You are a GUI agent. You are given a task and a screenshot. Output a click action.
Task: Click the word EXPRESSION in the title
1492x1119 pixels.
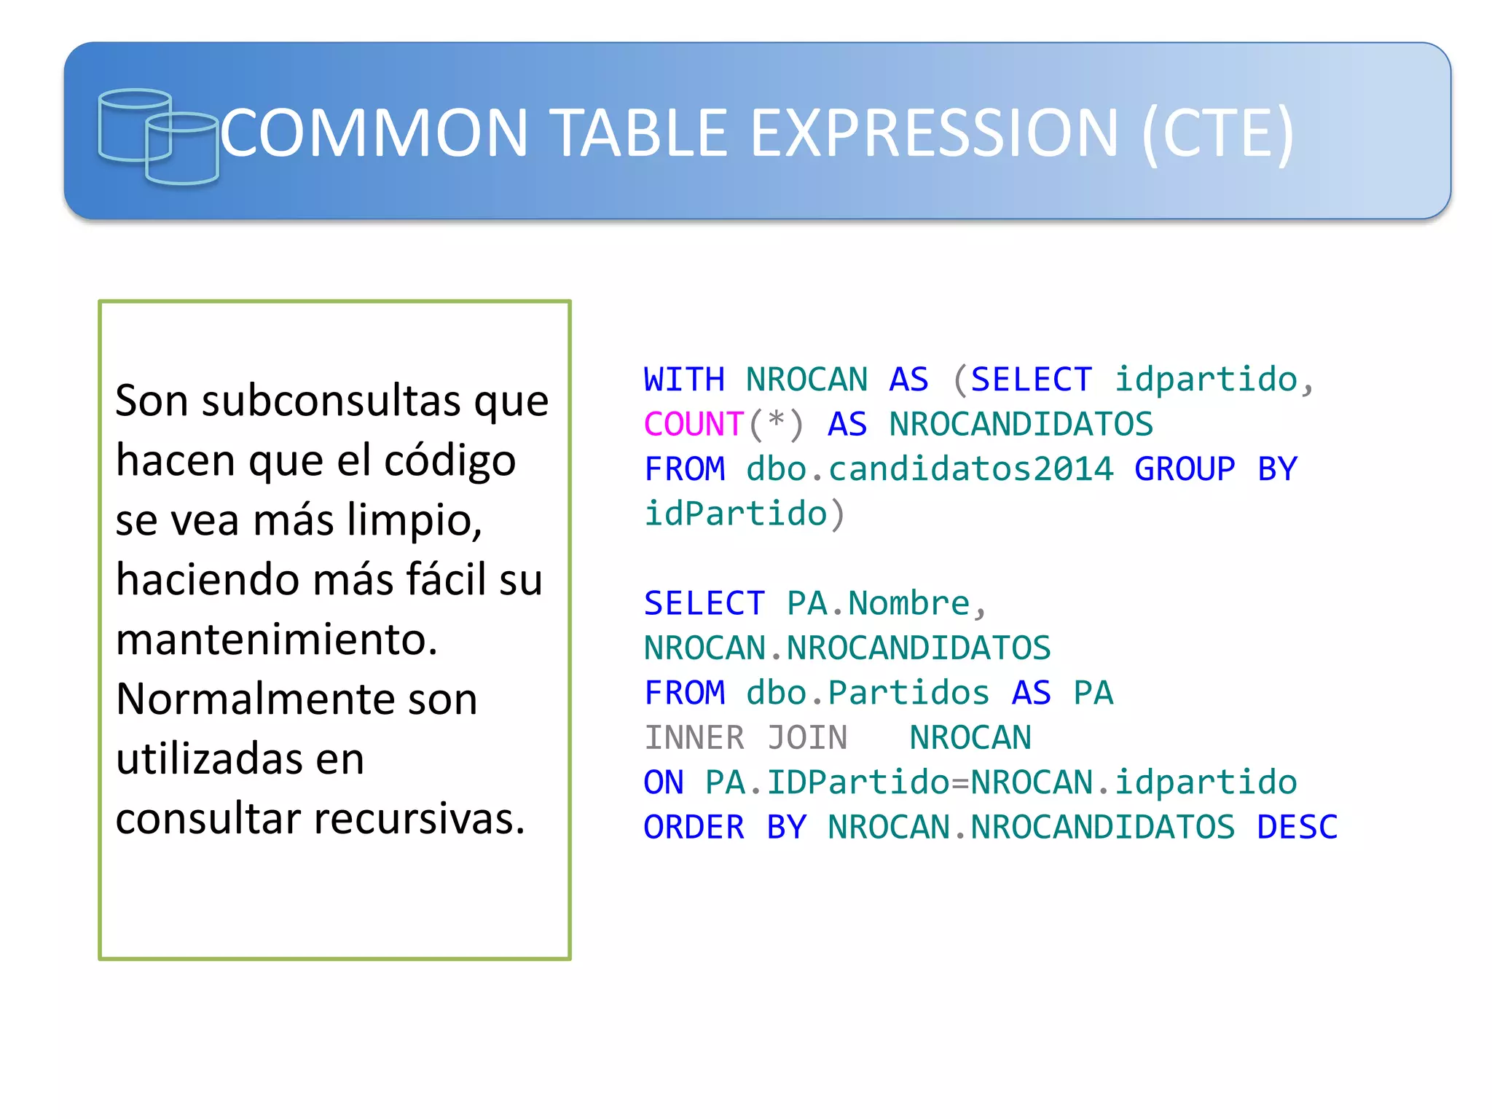click(933, 133)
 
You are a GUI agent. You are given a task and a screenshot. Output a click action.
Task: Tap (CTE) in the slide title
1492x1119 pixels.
click(1218, 133)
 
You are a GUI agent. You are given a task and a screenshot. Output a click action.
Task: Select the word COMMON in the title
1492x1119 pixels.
click(374, 133)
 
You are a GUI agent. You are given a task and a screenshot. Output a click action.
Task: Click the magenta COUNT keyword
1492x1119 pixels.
click(693, 425)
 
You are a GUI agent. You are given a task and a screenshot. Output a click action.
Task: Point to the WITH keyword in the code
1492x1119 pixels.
click(684, 380)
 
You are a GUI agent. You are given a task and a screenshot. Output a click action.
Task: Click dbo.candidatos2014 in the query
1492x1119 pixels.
click(930, 469)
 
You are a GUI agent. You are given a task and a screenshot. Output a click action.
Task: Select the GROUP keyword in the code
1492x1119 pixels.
click(1185, 469)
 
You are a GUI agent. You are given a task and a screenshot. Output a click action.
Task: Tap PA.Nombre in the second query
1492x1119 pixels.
click(879, 603)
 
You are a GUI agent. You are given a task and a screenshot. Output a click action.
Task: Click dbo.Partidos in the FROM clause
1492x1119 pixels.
click(868, 693)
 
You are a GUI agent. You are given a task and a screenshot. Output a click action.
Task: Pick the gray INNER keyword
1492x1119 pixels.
click(694, 738)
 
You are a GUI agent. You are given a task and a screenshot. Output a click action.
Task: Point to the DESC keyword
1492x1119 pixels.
click(1297, 828)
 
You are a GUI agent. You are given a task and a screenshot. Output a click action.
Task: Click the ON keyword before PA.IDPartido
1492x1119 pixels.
click(663, 782)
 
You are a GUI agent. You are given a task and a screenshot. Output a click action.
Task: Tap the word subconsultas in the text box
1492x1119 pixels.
click(331, 401)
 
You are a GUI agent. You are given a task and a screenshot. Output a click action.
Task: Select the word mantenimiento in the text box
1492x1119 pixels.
click(277, 640)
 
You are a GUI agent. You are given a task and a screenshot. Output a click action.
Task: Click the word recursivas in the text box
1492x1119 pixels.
click(420, 819)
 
